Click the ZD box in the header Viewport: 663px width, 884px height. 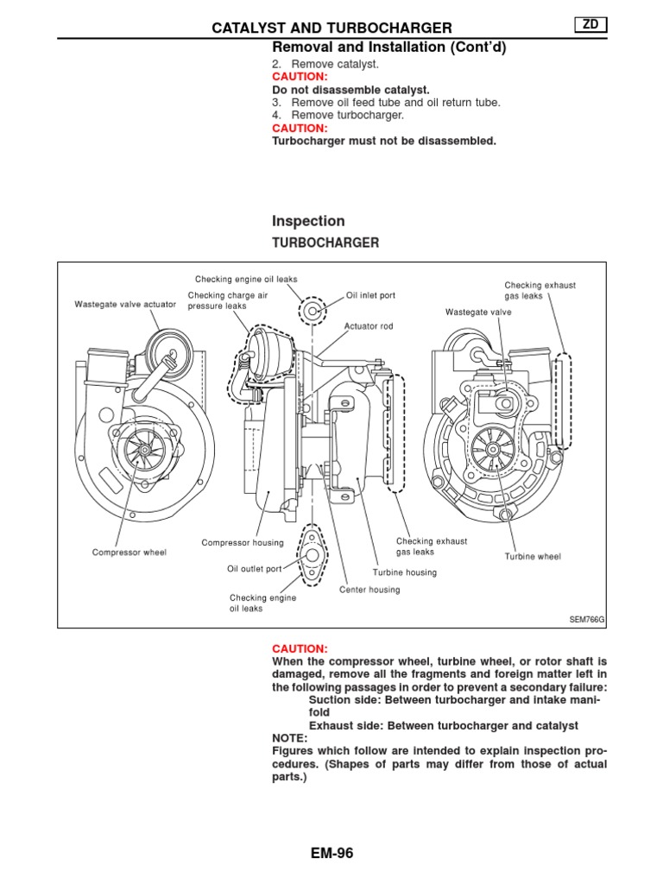coord(590,27)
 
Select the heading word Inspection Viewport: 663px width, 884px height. coord(308,221)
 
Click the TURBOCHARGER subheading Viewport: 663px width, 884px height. coord(325,243)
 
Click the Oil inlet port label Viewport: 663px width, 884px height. coord(370,295)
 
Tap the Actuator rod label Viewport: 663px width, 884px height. coord(369,326)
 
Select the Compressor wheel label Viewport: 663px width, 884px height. coord(129,552)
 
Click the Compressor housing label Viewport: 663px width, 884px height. coord(243,542)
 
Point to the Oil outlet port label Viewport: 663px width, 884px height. coord(255,569)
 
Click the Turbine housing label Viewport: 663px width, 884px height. coord(405,572)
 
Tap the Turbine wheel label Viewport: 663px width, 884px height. coord(533,557)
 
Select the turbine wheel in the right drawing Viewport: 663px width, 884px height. coord(490,449)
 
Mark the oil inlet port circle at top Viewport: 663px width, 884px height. coord(313,309)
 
